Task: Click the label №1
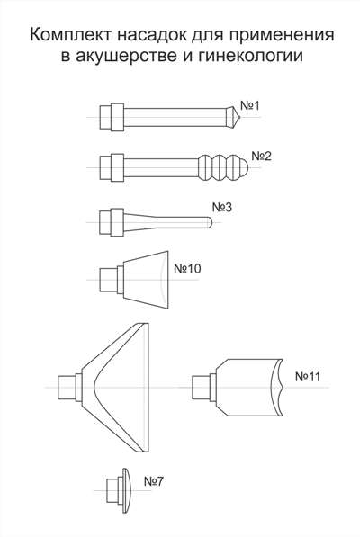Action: [x=250, y=106]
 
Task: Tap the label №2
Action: [x=261, y=157]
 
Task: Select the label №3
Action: [x=222, y=207]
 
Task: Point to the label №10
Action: [x=187, y=268]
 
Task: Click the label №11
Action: [x=308, y=377]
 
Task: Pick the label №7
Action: [x=154, y=481]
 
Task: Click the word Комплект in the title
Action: [x=70, y=35]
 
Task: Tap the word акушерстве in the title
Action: [x=126, y=56]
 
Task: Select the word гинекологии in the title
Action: [x=250, y=56]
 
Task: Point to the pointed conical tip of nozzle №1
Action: [x=234, y=117]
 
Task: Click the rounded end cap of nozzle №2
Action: [x=244, y=167]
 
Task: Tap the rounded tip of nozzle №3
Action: [x=210, y=222]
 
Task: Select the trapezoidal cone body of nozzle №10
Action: [x=146, y=280]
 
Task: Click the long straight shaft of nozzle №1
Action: [x=175, y=117]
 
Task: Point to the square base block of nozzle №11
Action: [x=201, y=388]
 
